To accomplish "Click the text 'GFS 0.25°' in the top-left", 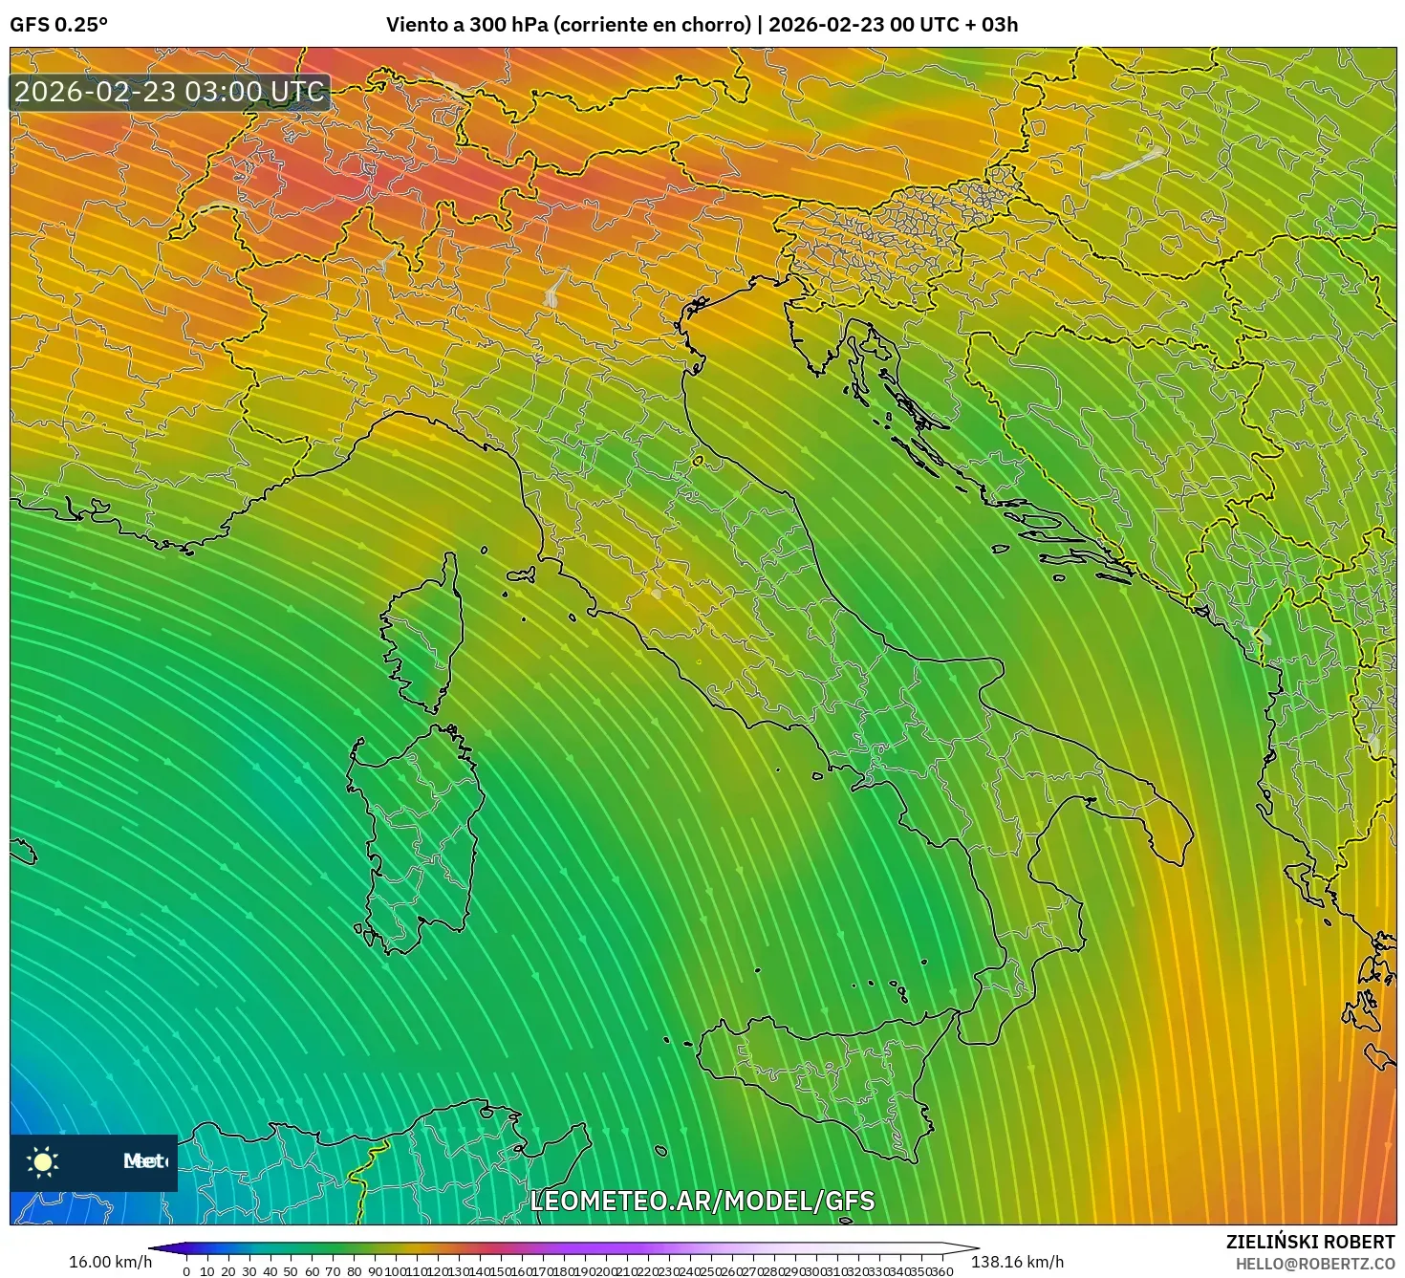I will (x=58, y=25).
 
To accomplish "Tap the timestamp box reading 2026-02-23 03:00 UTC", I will (x=169, y=92).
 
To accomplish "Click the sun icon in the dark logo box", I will (x=43, y=1161).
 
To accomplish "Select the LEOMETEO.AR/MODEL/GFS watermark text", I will (x=702, y=1201).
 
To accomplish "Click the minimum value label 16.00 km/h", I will (x=110, y=1262).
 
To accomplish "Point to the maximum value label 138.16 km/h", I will (x=1017, y=1262).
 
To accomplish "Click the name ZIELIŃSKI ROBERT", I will (x=1310, y=1242).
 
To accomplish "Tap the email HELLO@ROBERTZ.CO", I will (x=1315, y=1264).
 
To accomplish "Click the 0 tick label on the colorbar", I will (x=186, y=1271).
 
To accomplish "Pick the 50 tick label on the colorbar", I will (x=291, y=1271).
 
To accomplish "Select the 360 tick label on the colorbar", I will (x=942, y=1271).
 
